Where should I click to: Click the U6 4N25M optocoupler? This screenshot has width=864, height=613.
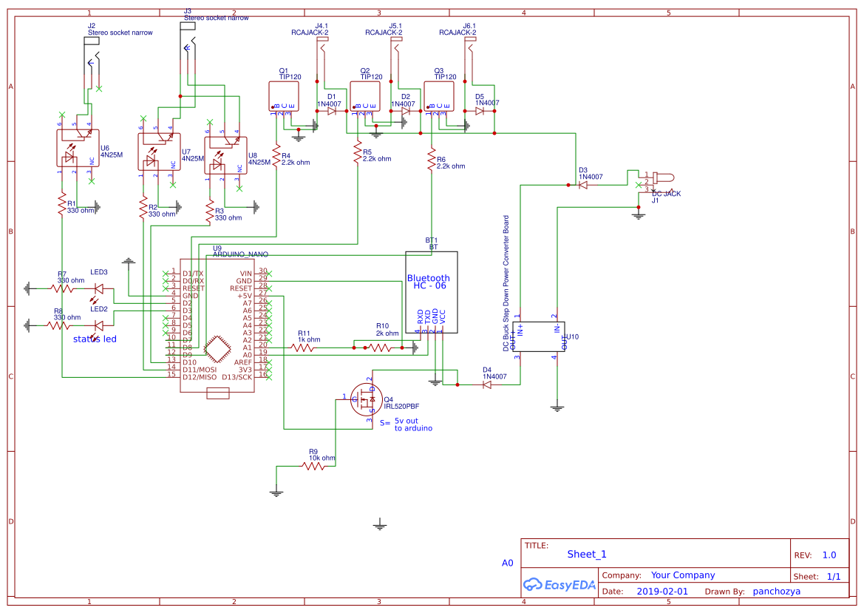78,148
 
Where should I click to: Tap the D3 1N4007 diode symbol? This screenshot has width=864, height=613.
583,185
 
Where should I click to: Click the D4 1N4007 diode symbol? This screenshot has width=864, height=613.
488,385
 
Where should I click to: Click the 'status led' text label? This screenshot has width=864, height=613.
95,339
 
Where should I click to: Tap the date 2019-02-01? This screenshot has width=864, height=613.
661,592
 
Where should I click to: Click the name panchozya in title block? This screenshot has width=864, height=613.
776,592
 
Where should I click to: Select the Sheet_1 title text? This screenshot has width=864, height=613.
587,555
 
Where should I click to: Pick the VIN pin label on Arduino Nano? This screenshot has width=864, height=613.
245,274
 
